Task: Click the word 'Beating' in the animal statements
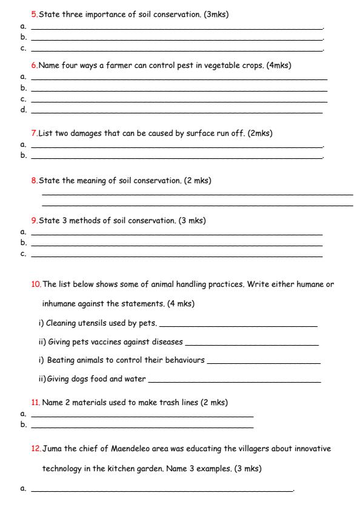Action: (61, 360)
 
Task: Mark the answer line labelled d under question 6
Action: (176, 112)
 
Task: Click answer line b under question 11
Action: (142, 427)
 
